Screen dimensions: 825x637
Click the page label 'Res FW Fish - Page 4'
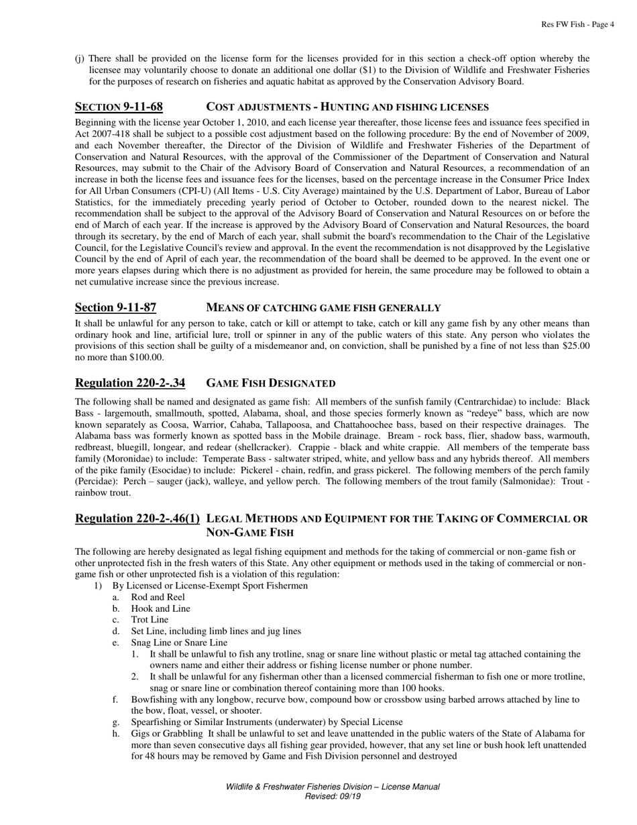tap(577, 25)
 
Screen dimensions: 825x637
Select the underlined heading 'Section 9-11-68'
tap(119, 107)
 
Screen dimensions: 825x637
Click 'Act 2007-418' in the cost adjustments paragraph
tap(101, 133)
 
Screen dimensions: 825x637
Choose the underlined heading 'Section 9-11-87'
tap(115, 308)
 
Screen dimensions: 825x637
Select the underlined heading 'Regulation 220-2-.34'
tap(130, 383)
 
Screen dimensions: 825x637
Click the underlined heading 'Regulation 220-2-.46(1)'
tap(137, 518)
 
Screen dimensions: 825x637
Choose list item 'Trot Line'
tap(150, 620)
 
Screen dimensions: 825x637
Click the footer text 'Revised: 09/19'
tap(333, 796)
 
